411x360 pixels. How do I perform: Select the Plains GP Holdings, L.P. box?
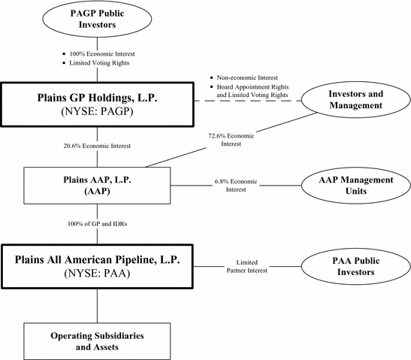pos(97,104)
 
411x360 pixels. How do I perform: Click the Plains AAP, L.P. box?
pos(97,186)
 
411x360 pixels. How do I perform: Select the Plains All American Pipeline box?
pos(97,267)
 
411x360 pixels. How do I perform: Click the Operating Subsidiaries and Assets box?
pos(97,341)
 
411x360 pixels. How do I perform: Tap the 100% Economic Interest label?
pos(102,54)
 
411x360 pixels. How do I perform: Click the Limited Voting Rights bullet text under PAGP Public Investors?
pos(99,63)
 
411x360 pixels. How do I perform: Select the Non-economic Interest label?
pos(247,77)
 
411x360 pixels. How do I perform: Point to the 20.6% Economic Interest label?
pos(97,146)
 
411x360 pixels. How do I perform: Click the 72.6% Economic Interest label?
pos(231,140)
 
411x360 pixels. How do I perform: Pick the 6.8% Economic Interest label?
pos(236,185)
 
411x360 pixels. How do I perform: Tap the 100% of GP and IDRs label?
pos(97,224)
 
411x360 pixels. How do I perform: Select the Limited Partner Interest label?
pos(247,266)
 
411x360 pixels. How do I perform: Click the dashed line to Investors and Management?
pos(248,101)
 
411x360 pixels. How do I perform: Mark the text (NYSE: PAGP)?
pos(97,111)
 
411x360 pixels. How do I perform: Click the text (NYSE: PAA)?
pos(97,274)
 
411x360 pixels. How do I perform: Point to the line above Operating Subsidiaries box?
pos(97,306)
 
